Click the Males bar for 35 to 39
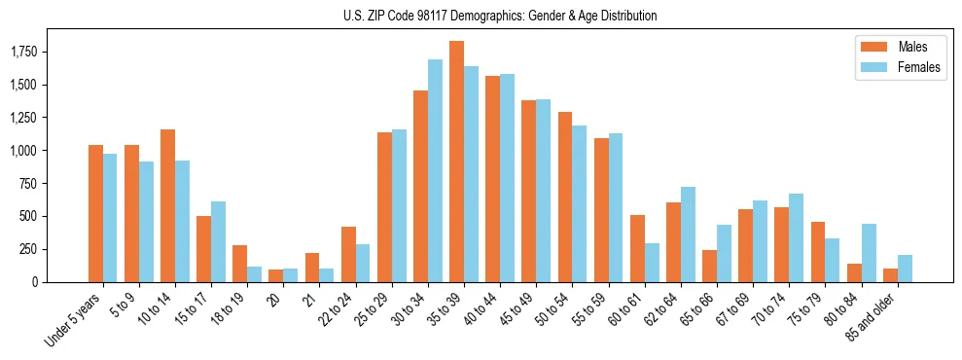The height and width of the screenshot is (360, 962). (x=456, y=162)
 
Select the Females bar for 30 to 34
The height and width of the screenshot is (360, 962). (x=435, y=170)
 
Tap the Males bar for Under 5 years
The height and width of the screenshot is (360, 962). (x=95, y=213)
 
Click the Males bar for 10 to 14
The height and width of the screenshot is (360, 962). (x=167, y=205)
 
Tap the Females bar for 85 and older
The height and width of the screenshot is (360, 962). (x=905, y=269)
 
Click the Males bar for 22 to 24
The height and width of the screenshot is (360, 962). (x=348, y=254)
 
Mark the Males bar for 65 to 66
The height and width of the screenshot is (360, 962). (x=709, y=266)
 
